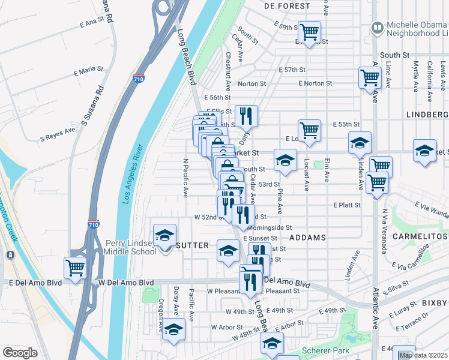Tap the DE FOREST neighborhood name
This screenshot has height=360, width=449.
pyautogui.click(x=287, y=6)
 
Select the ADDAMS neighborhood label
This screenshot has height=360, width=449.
pyautogui.click(x=307, y=238)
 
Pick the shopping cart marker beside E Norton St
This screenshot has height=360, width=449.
pyautogui.click(x=370, y=77)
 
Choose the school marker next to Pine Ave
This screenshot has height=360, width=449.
pyautogui.click(x=285, y=160)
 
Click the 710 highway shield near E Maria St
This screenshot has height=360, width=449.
pyautogui.click(x=138, y=79)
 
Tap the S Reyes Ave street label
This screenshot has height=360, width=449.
pyautogui.click(x=58, y=133)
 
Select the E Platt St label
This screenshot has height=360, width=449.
pyautogui.click(x=347, y=205)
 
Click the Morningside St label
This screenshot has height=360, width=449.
pyautogui.click(x=270, y=227)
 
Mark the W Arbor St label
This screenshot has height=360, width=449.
pyautogui.click(x=222, y=327)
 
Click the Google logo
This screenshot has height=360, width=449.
pyautogui.click(x=20, y=352)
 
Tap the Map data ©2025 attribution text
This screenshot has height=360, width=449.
pyautogui.click(x=423, y=355)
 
